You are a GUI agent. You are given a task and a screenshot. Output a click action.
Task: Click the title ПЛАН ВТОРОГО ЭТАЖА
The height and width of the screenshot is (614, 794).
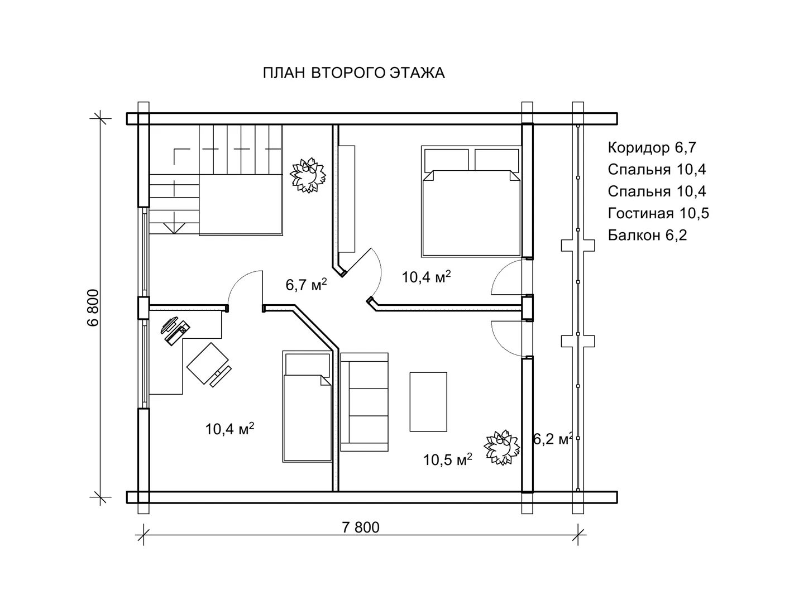pyautogui.click(x=353, y=73)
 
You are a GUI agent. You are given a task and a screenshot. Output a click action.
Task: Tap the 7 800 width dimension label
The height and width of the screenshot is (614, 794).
pyautogui.click(x=361, y=527)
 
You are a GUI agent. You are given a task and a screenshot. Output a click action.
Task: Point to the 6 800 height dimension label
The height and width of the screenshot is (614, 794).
pyautogui.click(x=93, y=308)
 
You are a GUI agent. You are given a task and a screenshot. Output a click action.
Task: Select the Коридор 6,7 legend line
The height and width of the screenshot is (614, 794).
pyautogui.click(x=652, y=147)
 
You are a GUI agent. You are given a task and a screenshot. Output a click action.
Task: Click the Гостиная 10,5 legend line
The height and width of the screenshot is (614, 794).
pyautogui.click(x=658, y=213)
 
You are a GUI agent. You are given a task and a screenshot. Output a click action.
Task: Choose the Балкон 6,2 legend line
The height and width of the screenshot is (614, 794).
pyautogui.click(x=647, y=235)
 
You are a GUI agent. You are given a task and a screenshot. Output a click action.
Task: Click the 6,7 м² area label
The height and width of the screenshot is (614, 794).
pyautogui.click(x=306, y=285)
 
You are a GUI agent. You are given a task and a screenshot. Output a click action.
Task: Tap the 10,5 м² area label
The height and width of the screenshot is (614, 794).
pyautogui.click(x=448, y=459)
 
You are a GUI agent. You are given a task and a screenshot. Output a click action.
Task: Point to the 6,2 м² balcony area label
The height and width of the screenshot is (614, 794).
pyautogui.click(x=552, y=439)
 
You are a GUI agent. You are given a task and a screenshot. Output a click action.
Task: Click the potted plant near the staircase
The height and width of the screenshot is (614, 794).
pyautogui.click(x=308, y=175)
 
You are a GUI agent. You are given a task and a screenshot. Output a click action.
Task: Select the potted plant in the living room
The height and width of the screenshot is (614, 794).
pyautogui.click(x=501, y=447)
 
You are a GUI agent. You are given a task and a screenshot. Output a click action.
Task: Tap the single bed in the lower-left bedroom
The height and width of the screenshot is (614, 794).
pyautogui.click(x=307, y=406)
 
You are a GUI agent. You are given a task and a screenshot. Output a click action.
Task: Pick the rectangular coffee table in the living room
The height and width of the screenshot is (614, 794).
pyautogui.click(x=428, y=402)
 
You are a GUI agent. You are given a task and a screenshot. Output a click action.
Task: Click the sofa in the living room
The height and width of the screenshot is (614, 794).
pyautogui.click(x=364, y=402)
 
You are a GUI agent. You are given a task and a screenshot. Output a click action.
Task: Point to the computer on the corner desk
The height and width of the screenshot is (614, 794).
pyautogui.click(x=175, y=331)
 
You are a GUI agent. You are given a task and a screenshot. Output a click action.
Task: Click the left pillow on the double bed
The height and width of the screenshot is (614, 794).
pyautogui.click(x=447, y=160)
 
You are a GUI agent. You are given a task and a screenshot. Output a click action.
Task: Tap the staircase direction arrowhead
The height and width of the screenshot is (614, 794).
pyautogui.click(x=174, y=229)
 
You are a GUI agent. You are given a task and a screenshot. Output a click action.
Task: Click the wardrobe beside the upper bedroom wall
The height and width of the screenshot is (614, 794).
pyautogui.click(x=347, y=199)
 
